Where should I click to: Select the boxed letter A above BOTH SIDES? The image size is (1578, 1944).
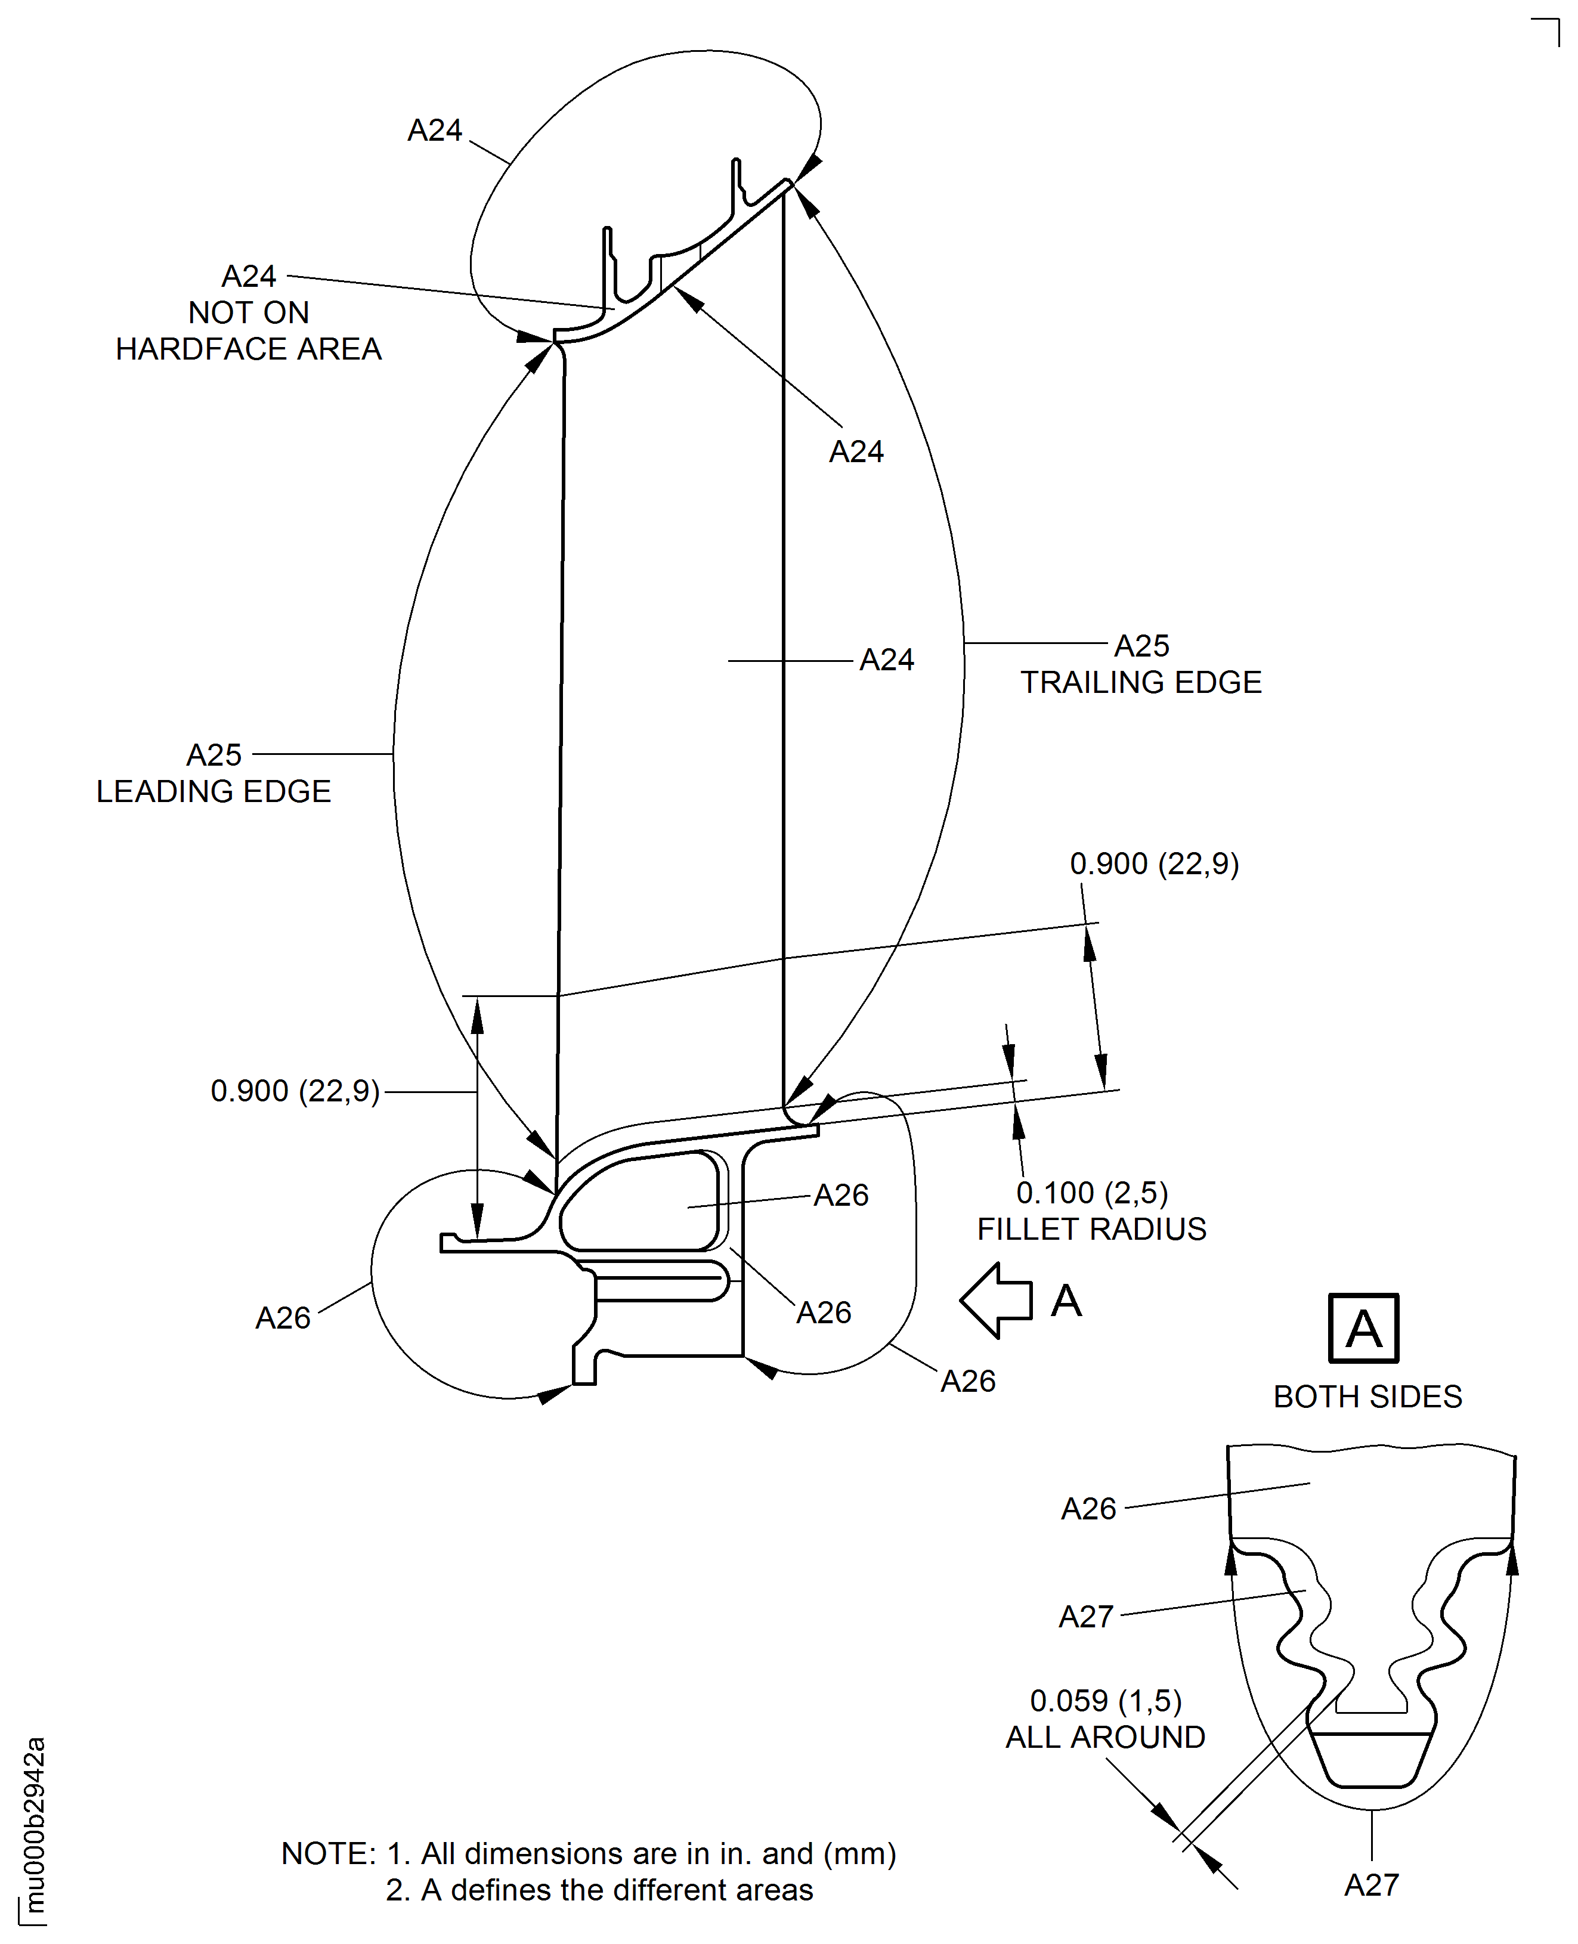(1363, 1329)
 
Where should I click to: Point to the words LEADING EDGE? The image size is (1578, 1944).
(214, 791)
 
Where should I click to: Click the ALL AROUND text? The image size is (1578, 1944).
(1104, 1738)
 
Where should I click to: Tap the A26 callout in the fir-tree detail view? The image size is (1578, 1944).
(1088, 1509)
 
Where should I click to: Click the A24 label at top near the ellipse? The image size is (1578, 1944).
(435, 131)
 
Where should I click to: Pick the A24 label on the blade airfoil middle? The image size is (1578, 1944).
(886, 660)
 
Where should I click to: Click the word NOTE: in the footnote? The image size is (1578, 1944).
(328, 1854)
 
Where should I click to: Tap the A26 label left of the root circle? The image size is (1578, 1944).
(283, 1318)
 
